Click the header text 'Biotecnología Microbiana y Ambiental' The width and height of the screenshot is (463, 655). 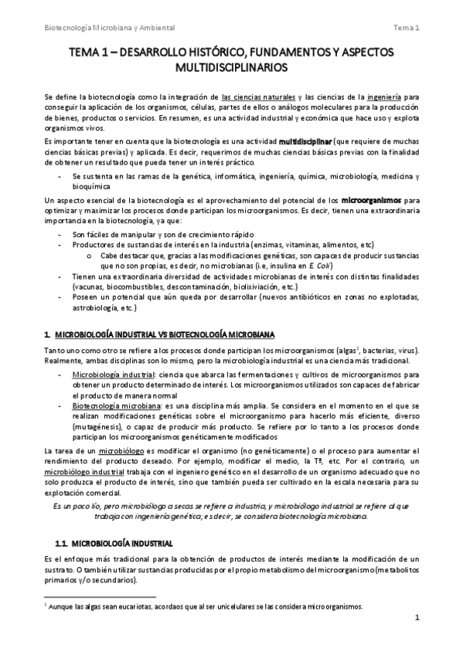coord(109,29)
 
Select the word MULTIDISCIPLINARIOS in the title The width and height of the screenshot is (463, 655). coord(232,67)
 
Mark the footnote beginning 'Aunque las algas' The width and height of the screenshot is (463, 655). coord(202,606)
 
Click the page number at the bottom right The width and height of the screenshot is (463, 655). coord(417,639)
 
